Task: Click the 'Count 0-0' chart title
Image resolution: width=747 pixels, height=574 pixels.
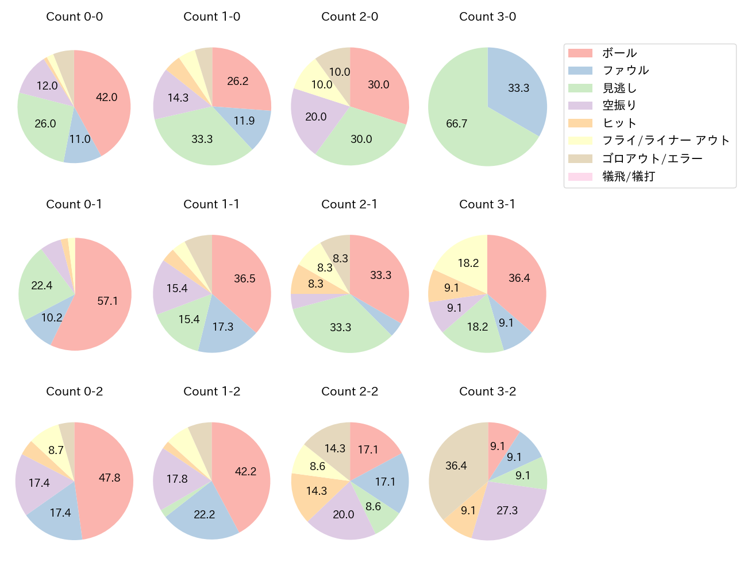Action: coord(75,17)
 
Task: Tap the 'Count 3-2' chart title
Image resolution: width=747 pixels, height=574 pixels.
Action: coord(487,391)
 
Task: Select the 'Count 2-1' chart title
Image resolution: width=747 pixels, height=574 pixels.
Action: coord(349,204)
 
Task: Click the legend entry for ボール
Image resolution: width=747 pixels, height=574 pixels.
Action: coord(619,53)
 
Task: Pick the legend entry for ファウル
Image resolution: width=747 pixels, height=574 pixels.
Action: coord(625,71)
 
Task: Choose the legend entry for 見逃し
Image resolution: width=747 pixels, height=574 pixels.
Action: coord(619,88)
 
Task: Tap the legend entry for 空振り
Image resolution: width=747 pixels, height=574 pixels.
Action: coord(619,106)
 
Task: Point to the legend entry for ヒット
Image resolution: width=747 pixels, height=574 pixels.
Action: coord(619,123)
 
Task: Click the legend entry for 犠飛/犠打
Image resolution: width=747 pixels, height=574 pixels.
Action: coord(628,176)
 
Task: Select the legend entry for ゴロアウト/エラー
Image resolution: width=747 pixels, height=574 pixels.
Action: coord(652,158)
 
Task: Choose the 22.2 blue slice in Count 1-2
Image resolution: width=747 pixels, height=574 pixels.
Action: coord(204,514)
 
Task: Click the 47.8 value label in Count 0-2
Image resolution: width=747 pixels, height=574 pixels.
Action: coord(109,478)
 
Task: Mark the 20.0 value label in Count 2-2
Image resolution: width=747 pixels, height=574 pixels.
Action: coord(344,514)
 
